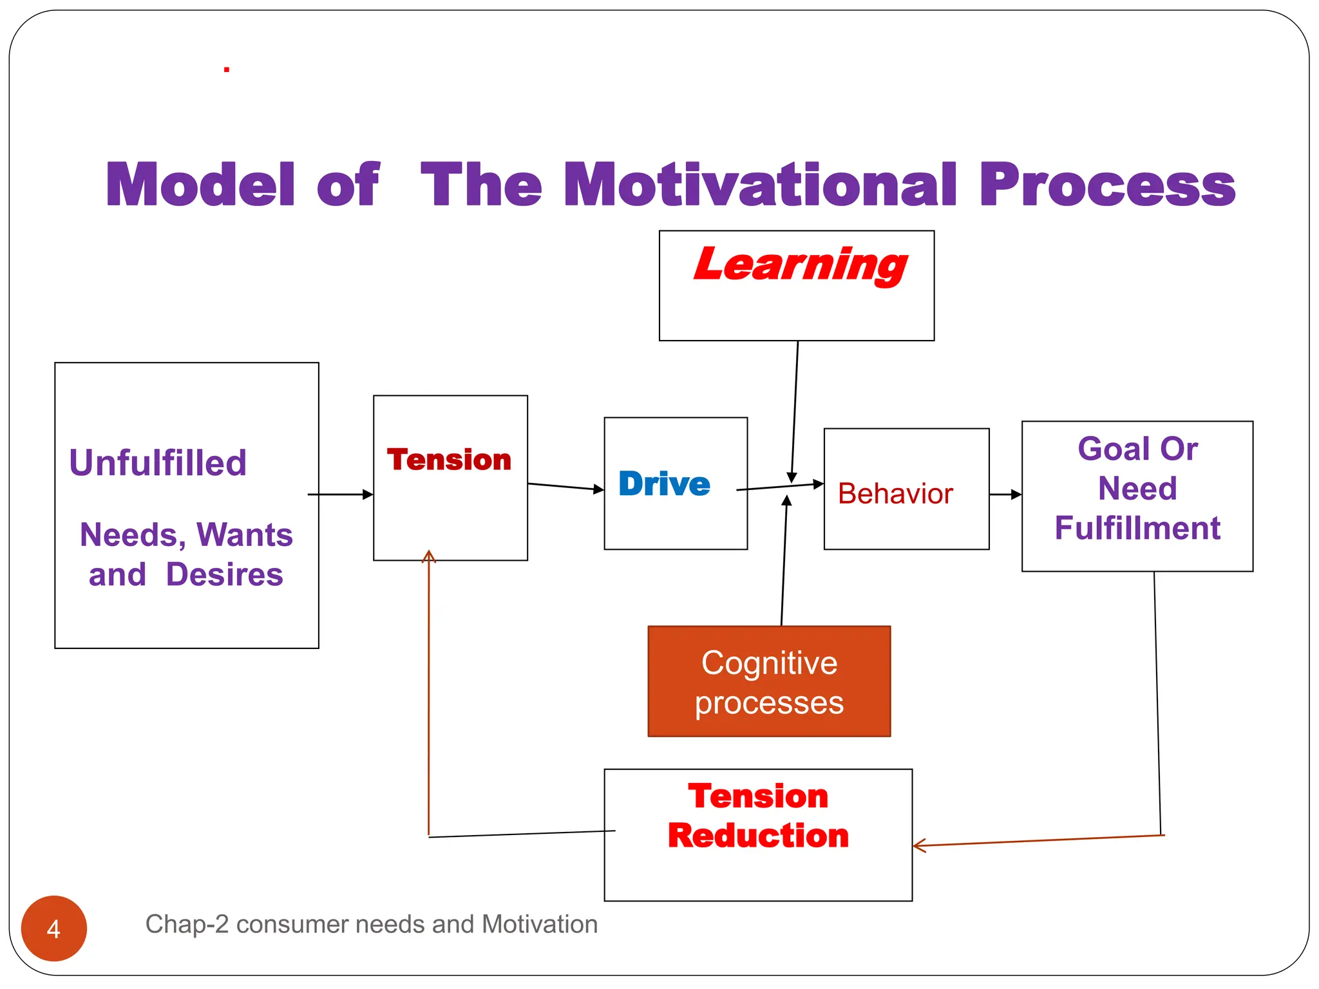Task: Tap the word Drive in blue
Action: (x=664, y=484)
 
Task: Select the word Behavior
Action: (x=895, y=494)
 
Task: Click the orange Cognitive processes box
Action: (x=769, y=681)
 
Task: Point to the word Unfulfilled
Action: (x=158, y=463)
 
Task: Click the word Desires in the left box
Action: (x=224, y=574)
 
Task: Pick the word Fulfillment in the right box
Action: (x=1137, y=529)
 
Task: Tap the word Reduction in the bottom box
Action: (x=758, y=836)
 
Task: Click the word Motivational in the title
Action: (x=760, y=185)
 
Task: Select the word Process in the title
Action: (x=1106, y=185)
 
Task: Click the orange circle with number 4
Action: (x=54, y=928)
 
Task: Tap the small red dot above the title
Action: (x=227, y=70)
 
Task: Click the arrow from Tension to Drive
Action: (x=565, y=487)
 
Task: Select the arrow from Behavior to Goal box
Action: (x=1005, y=494)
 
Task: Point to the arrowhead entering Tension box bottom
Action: (x=429, y=556)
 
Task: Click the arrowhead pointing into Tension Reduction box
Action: (x=919, y=845)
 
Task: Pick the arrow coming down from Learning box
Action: (x=795, y=412)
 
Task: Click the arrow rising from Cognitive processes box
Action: (x=784, y=560)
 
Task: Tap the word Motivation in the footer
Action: (x=539, y=925)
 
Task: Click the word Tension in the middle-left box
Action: (x=449, y=460)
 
